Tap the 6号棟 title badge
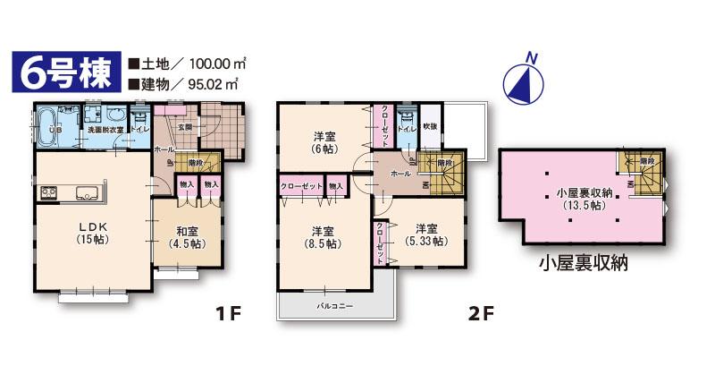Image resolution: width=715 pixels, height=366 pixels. (x=63, y=73)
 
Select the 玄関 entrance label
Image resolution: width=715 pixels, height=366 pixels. (x=185, y=127)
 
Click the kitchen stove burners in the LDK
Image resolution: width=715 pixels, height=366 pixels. (x=48, y=192)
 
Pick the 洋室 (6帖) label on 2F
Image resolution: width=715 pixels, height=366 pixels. (x=324, y=142)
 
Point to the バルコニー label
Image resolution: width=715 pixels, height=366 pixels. (x=335, y=305)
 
